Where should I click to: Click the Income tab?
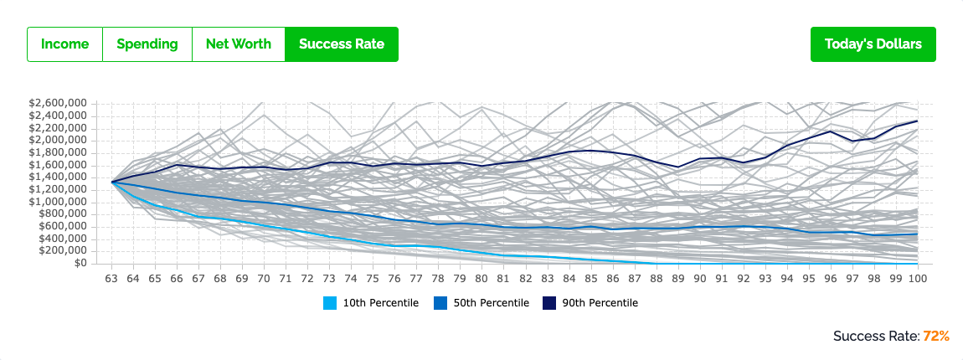coord(64,44)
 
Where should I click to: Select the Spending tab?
coord(147,44)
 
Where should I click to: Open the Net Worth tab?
coord(239,44)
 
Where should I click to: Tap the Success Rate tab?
coord(342,44)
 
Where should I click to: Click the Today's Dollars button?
coord(873,44)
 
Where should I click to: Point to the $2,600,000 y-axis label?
coord(59,104)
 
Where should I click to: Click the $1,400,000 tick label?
coord(59,177)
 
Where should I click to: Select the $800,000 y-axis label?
coord(64,214)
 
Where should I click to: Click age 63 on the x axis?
coord(111,278)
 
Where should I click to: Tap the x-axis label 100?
coord(917,278)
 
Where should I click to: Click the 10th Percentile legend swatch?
coord(329,303)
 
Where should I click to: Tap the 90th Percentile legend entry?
coord(590,303)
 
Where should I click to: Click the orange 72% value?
coord(936,336)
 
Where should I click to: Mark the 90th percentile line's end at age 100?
coord(918,121)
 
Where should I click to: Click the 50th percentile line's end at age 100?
coord(918,234)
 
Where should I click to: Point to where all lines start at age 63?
coord(112,182)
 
